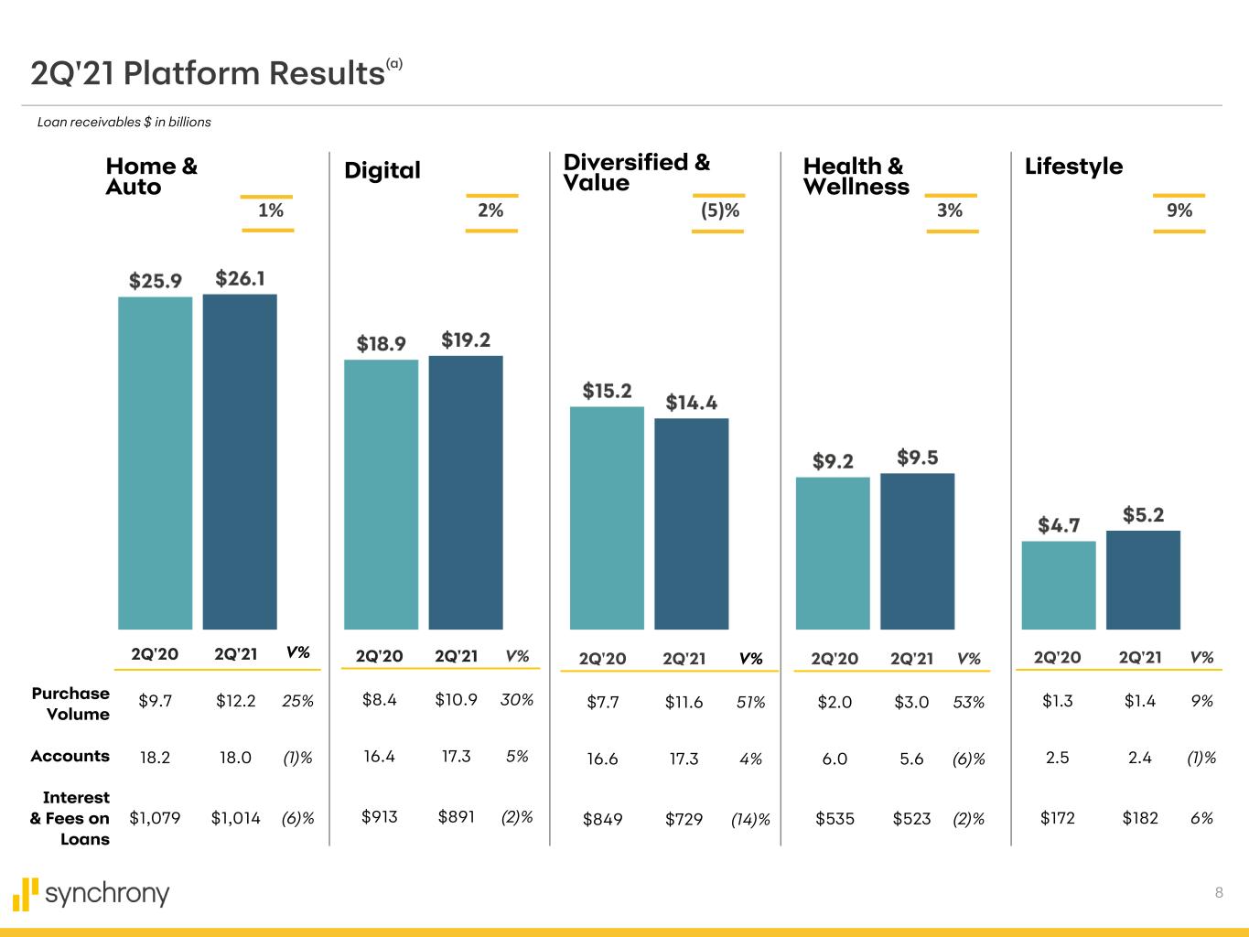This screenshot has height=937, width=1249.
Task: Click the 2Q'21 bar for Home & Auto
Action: pyautogui.click(x=240, y=461)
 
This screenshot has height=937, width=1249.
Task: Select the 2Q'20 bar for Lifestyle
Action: pyautogui.click(x=1058, y=585)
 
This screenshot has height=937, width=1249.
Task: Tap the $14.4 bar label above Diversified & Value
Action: pyautogui.click(x=691, y=403)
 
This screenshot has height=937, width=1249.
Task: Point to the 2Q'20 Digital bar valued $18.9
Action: pyautogui.click(x=381, y=494)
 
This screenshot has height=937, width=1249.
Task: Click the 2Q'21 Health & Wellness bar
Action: pyautogui.click(x=917, y=551)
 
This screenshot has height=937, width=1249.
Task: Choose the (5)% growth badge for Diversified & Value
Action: pyautogui.click(x=719, y=210)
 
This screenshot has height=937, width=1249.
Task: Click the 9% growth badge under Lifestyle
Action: pyautogui.click(x=1179, y=210)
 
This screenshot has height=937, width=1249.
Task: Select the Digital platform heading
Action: pyautogui.click(x=382, y=170)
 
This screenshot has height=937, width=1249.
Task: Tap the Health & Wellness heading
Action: pyautogui.click(x=856, y=177)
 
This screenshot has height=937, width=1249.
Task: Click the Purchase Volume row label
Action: pyautogui.click(x=70, y=704)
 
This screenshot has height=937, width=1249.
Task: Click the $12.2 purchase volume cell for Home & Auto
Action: pyautogui.click(x=236, y=701)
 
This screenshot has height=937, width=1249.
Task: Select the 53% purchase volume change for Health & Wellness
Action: pyautogui.click(x=969, y=702)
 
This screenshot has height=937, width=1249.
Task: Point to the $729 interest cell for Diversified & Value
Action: pyautogui.click(x=684, y=819)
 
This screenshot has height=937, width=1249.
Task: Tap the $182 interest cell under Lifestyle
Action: pyautogui.click(x=1140, y=817)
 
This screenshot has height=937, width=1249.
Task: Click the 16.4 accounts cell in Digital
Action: pyautogui.click(x=379, y=757)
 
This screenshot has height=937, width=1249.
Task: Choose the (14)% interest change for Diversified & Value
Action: pyautogui.click(x=750, y=820)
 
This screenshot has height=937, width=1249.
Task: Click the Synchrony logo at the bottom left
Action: pyautogui.click(x=92, y=894)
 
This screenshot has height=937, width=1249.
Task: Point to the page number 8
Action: pyautogui.click(x=1219, y=893)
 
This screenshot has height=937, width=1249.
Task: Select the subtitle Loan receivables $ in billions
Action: pyautogui.click(x=124, y=122)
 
